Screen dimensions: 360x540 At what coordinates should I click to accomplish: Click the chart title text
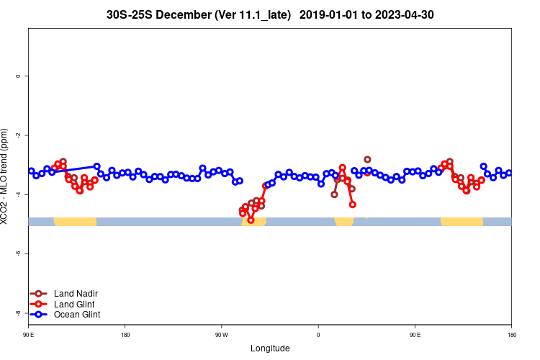pyautogui.click(x=270, y=14)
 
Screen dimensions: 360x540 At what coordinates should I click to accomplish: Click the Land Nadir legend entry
pyautogui.click(x=76, y=294)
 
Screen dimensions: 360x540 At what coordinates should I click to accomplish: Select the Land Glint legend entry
pyautogui.click(x=75, y=304)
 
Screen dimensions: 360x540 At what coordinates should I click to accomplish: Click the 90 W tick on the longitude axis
pyautogui.click(x=221, y=335)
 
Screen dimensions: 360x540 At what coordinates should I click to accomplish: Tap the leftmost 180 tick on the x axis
pyautogui.click(x=125, y=335)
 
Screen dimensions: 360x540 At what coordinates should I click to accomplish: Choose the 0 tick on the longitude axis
pyautogui.click(x=318, y=335)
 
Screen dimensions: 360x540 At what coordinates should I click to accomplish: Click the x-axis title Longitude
pyautogui.click(x=270, y=348)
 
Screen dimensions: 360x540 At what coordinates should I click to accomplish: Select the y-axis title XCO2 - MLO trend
pyautogui.click(x=6, y=176)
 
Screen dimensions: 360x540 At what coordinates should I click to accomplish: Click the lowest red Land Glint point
pyautogui.click(x=251, y=220)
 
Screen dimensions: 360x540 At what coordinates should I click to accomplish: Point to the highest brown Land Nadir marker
pyautogui.click(x=367, y=159)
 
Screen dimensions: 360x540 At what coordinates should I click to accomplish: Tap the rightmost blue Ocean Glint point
pyautogui.click(x=509, y=173)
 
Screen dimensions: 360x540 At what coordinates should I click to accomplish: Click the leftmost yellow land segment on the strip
pyautogui.click(x=75, y=221)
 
